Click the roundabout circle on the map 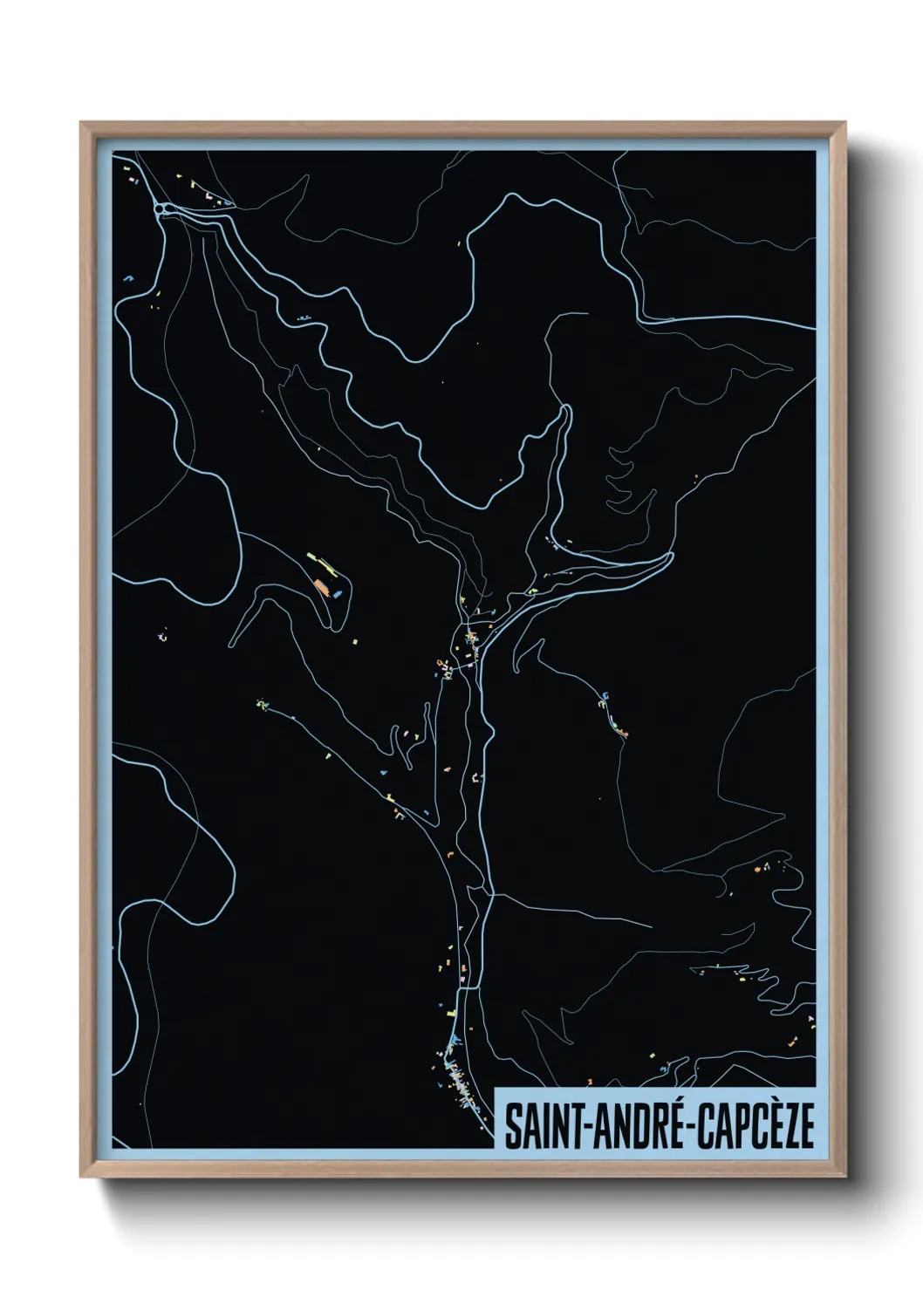pyautogui.click(x=161, y=208)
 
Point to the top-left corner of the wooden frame pyautogui.click(x=82, y=123)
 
